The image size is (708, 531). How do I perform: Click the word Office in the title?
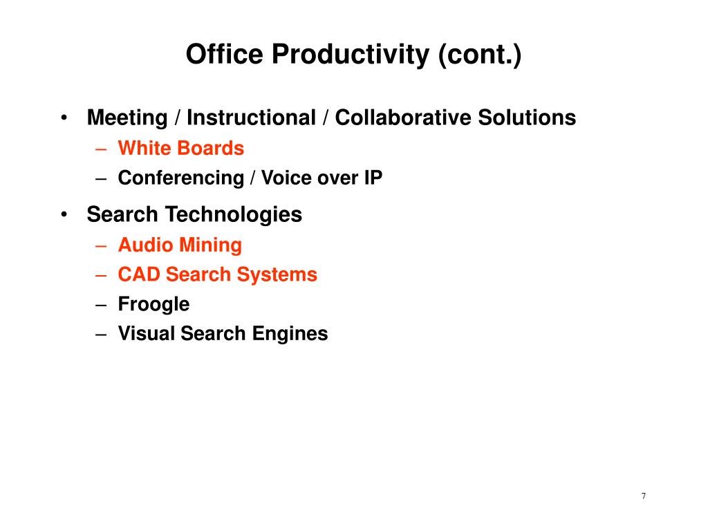225,54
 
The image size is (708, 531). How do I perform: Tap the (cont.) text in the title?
480,55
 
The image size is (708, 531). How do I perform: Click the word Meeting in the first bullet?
127,118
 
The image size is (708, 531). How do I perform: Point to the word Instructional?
251,118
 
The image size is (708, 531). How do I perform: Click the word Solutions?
527,118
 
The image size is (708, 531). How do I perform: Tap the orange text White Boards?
181,148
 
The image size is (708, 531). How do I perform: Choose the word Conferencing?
181,178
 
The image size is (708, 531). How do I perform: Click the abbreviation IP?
373,178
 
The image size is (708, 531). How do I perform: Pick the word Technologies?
234,215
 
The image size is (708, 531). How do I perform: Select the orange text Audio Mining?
180,245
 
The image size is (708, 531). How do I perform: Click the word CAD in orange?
138,274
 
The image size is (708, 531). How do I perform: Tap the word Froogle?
154,305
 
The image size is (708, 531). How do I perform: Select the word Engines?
290,334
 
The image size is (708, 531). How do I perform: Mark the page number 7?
644,496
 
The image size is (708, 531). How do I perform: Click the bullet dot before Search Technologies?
64,214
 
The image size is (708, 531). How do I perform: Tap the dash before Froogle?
101,305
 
